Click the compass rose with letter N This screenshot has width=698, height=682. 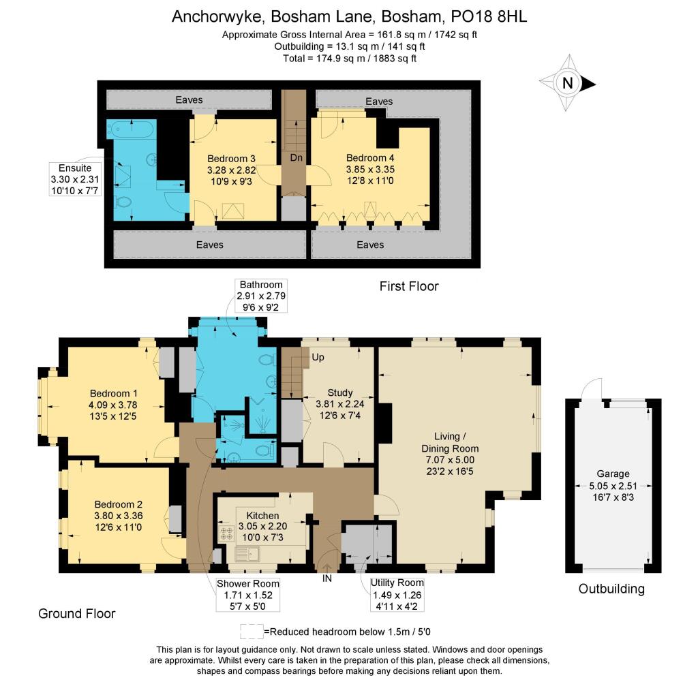(567, 84)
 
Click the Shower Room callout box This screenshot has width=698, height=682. (248, 594)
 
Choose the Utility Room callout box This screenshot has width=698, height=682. (397, 594)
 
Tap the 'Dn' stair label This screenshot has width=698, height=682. (296, 157)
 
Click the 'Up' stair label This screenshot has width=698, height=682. (318, 357)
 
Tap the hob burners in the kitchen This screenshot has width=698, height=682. (226, 532)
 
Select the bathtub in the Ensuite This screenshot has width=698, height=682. (132, 127)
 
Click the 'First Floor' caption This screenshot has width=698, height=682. (409, 286)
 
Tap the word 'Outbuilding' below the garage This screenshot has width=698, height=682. (611, 589)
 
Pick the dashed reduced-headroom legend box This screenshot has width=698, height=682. (251, 630)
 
